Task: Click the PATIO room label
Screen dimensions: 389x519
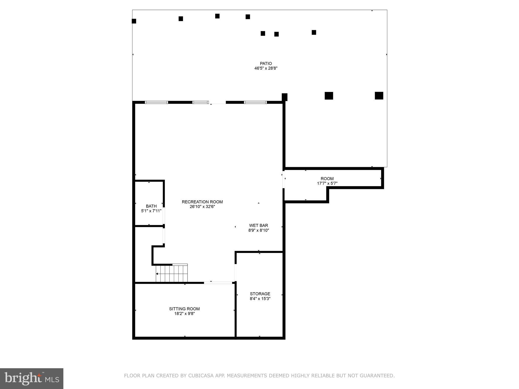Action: click(266, 64)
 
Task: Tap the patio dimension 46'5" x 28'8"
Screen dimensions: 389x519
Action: click(266, 68)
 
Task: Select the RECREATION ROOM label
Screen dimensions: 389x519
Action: click(202, 202)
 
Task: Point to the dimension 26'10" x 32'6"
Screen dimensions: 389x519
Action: click(202, 207)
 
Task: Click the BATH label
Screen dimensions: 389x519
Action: click(151, 206)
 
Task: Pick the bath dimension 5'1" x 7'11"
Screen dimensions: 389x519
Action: click(151, 211)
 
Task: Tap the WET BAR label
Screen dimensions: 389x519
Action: click(258, 225)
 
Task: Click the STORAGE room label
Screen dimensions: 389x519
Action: click(260, 294)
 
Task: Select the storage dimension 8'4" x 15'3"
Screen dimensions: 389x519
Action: click(260, 299)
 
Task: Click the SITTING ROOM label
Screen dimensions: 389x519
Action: click(184, 309)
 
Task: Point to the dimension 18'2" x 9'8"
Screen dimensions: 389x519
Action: click(184, 314)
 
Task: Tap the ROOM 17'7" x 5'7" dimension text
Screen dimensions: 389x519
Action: click(327, 183)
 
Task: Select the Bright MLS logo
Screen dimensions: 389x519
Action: click(31, 378)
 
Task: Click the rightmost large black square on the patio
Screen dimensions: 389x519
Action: click(379, 95)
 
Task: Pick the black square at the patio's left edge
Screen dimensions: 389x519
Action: click(134, 21)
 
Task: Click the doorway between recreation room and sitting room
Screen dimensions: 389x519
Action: click(218, 283)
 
